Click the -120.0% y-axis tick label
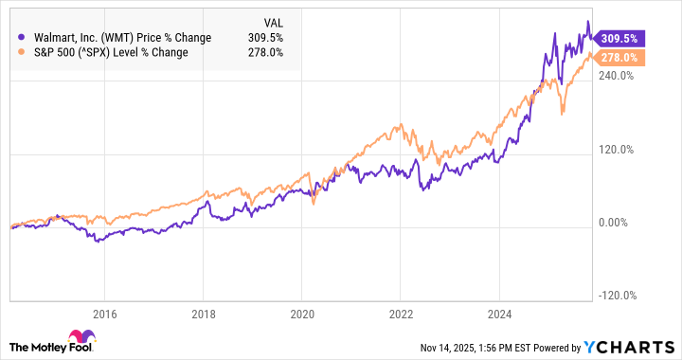point(616,296)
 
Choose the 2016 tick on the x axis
point(105,314)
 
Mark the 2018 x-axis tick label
point(204,314)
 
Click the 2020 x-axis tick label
point(301,314)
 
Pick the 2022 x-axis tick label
point(400,314)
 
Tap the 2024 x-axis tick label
point(498,314)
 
